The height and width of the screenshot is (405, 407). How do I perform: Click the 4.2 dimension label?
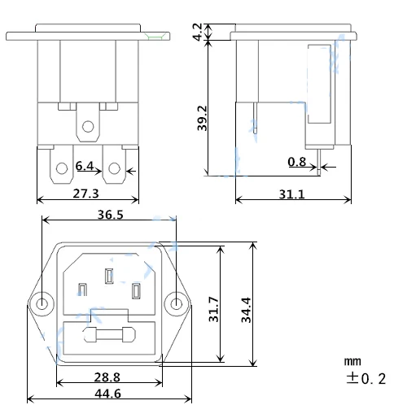pos(198,32)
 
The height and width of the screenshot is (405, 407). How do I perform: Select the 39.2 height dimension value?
pos(202,118)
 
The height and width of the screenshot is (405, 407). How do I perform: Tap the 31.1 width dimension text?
pos(292,194)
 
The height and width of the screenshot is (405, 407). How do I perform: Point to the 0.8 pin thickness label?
pos(297,162)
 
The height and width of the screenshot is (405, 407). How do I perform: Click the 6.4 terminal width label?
pos(85,166)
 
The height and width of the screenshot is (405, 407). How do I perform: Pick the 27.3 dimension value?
pos(85,194)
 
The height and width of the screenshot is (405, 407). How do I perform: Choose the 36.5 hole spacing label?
pos(110,215)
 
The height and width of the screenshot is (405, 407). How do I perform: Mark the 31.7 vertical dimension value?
pos(214,309)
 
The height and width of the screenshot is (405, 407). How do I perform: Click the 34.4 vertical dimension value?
pos(247,310)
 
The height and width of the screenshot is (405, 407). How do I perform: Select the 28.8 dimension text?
pos(107,377)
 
